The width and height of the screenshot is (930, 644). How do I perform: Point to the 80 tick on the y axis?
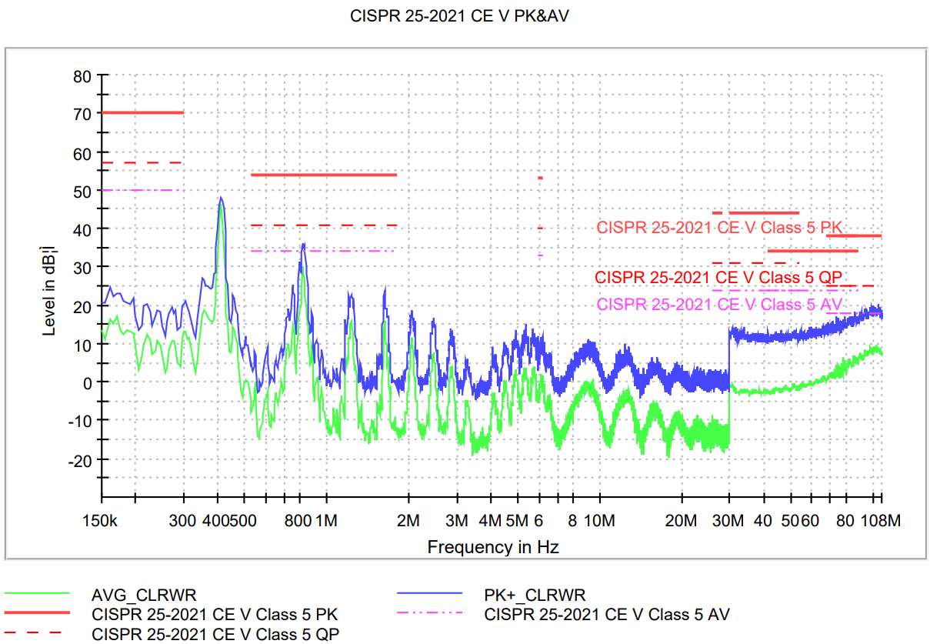pyautogui.click(x=82, y=76)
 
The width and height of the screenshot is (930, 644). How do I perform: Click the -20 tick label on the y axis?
pyautogui.click(x=79, y=459)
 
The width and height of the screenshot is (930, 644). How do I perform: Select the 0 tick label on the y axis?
pyautogui.click(x=87, y=382)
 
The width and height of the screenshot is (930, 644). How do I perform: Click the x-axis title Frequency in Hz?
pyautogui.click(x=492, y=547)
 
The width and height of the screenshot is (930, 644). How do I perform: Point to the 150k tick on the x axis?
pyautogui.click(x=102, y=521)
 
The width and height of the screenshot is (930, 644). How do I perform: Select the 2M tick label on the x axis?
pyautogui.click(x=408, y=521)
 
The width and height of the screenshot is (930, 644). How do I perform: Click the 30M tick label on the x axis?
pyautogui.click(x=728, y=521)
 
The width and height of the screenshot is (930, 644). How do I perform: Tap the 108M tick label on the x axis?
pyautogui.click(x=880, y=521)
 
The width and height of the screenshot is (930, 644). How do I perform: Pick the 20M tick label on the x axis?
pyautogui.click(x=681, y=521)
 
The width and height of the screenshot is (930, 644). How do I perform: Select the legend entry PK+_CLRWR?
pyautogui.click(x=535, y=595)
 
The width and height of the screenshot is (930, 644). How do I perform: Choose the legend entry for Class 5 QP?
pyautogui.click(x=215, y=634)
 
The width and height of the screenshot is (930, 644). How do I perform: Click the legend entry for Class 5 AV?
pyautogui.click(x=606, y=614)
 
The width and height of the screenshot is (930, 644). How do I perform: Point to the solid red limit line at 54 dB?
pyautogui.click(x=324, y=175)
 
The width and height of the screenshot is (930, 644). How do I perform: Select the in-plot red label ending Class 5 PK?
pyautogui.click(x=720, y=228)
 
